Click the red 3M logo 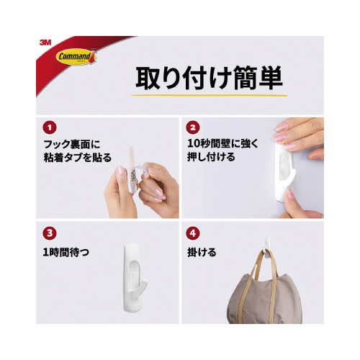click(x=45, y=42)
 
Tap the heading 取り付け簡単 click(x=209, y=78)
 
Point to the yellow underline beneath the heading click(x=209, y=95)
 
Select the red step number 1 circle click(x=50, y=127)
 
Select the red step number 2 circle click(x=193, y=127)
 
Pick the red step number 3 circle click(x=50, y=233)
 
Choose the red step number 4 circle click(x=193, y=233)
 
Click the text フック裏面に click(x=71, y=144)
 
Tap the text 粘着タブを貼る click(x=78, y=158)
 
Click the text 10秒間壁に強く click(x=222, y=143)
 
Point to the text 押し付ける click(x=211, y=157)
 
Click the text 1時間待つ click(x=66, y=252)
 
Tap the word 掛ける click(x=202, y=252)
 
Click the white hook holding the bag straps click(x=267, y=248)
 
